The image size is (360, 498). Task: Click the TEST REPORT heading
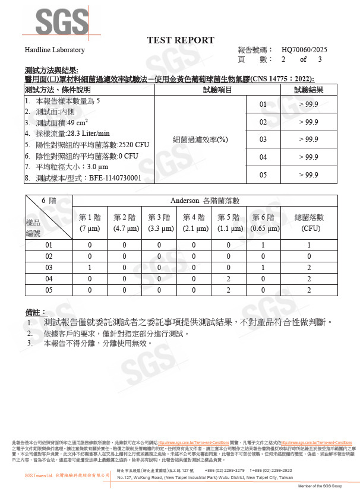coord(181,40)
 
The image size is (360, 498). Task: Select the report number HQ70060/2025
coord(304,50)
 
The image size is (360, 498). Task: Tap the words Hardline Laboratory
coord(55,50)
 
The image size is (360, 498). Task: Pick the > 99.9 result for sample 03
coord(308,139)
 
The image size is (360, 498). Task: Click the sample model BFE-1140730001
coord(115,177)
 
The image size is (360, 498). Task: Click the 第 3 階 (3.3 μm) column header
coord(159,223)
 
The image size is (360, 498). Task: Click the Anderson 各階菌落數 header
coord(204,201)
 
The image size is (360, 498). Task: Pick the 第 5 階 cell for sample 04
coord(229,278)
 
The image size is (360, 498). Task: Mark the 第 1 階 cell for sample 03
coord(90,267)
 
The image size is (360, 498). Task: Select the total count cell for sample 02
coord(310,256)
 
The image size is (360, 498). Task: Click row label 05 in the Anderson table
coord(49,290)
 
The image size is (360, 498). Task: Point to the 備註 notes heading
coord(36,312)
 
